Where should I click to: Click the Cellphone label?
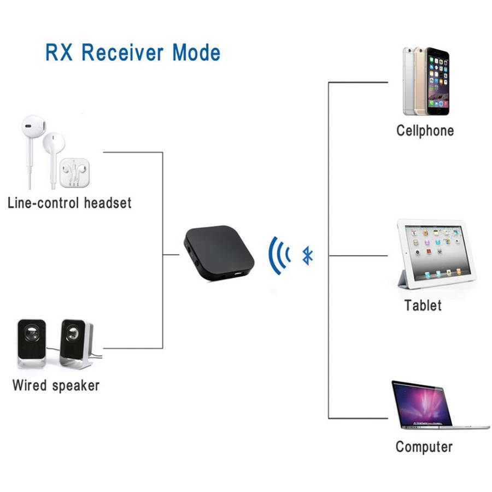pos(425,131)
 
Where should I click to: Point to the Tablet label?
pos(423,305)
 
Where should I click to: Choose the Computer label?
pos(424,447)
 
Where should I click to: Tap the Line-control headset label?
pos(69,203)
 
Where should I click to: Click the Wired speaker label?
pos(56,385)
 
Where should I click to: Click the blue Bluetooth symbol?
pos(308,255)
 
